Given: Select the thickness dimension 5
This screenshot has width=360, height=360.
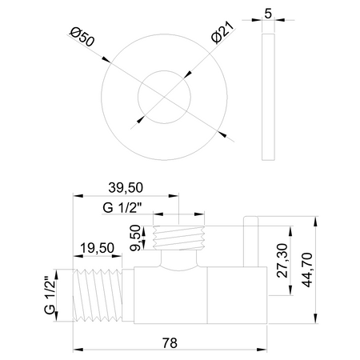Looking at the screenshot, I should click(x=270, y=14).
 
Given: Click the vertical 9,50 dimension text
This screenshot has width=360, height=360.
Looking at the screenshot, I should click(x=138, y=238).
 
